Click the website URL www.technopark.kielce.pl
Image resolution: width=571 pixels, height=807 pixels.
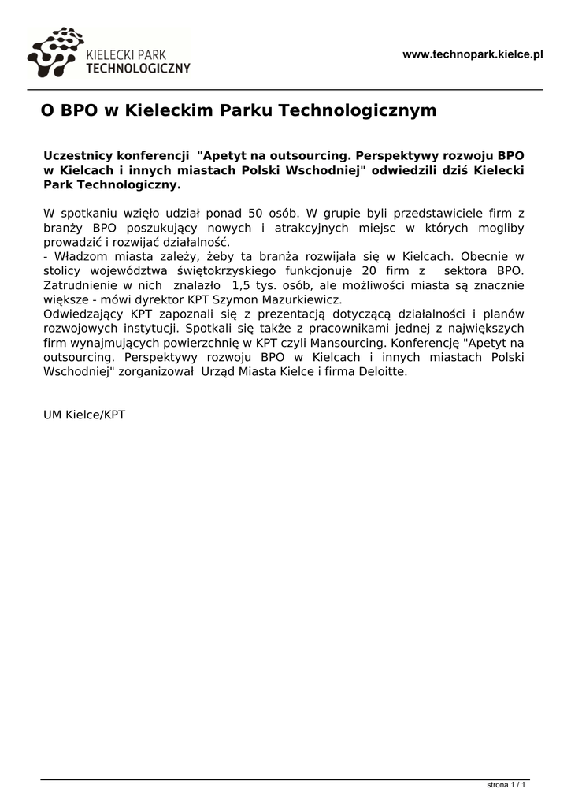[x=473, y=54]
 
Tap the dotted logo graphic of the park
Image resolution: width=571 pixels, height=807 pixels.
[x=54, y=52]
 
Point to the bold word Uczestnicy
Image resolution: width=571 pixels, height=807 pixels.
[x=76, y=155]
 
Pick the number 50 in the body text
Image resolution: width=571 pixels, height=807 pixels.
[x=257, y=213]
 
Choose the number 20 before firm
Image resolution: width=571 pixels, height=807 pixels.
[x=369, y=271]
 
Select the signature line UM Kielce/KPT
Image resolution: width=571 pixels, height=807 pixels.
[x=84, y=415]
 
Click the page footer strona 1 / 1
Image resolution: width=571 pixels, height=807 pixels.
[x=506, y=785]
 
